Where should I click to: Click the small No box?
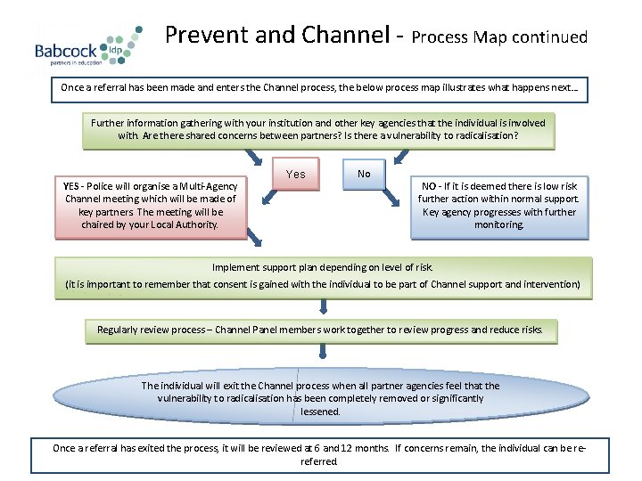pos(364,174)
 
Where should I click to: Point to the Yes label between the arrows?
pos(295,175)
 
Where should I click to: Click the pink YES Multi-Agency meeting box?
pos(151,206)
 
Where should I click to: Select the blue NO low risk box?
pos(499,206)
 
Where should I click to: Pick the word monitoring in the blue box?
pos(499,225)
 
